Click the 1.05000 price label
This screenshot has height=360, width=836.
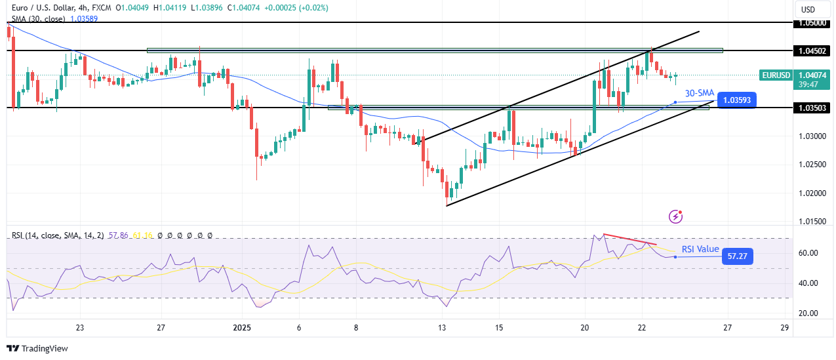tap(812, 23)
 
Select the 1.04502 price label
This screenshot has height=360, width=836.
tap(812, 50)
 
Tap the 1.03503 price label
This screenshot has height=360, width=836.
tap(812, 108)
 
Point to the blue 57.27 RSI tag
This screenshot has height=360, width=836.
tap(737, 256)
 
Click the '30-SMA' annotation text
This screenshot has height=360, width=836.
tap(700, 93)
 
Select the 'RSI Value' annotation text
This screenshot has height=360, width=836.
tap(700, 249)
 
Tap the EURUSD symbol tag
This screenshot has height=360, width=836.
tap(776, 75)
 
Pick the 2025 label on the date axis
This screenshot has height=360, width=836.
tap(242, 327)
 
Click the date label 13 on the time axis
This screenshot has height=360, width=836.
tap(443, 327)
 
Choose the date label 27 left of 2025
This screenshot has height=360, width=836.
tap(161, 327)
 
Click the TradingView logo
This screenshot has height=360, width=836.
tap(37, 349)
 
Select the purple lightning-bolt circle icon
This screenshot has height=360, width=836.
tap(676, 216)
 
